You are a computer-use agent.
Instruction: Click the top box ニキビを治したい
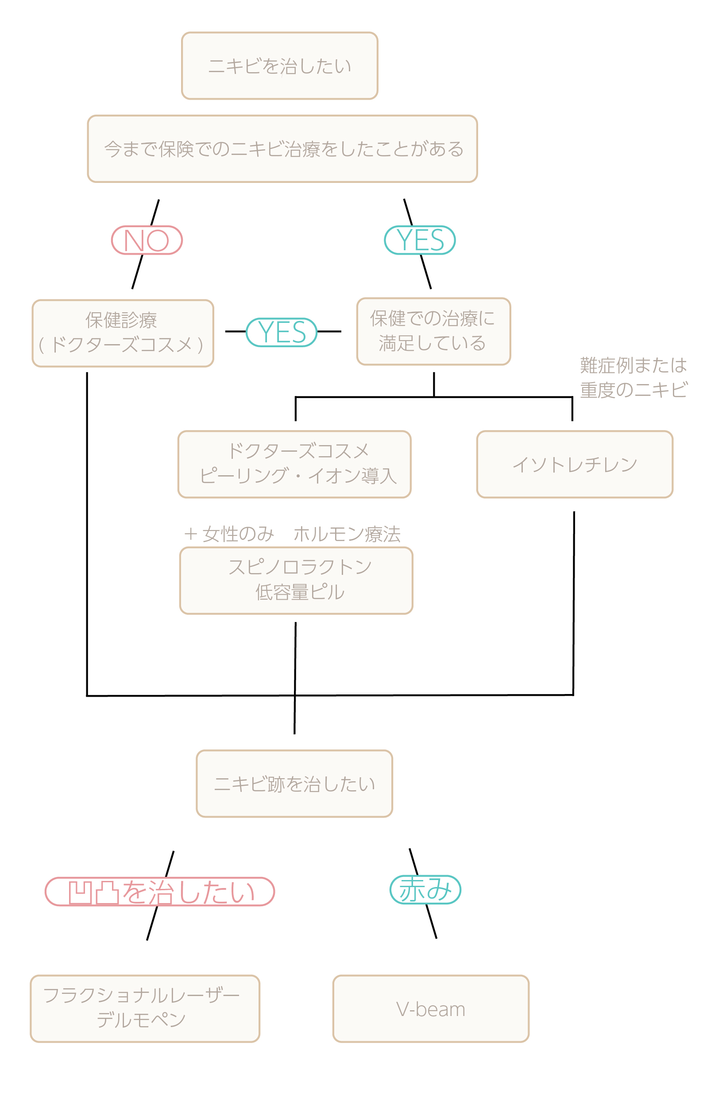pos(279,66)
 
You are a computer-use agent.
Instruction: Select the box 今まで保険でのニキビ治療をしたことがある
pos(282,149)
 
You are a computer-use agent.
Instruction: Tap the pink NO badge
pos(147,240)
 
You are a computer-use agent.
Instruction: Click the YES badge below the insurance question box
pos(420,240)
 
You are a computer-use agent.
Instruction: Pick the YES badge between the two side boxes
pos(282,332)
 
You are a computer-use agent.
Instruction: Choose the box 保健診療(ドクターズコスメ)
pos(123,333)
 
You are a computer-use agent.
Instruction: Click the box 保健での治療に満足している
pos(433,331)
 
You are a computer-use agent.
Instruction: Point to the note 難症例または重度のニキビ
pos(633,378)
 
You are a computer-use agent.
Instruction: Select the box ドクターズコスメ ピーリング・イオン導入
pos(294,464)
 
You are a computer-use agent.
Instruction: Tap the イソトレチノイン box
pos(574,464)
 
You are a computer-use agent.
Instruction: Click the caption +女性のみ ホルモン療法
pos(292,534)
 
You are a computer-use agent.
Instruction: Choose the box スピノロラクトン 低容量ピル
pos(296,581)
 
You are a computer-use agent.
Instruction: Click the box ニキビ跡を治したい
pos(294,784)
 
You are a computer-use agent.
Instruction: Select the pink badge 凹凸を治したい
pos(160,892)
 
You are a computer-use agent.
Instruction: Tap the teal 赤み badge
pos(425,890)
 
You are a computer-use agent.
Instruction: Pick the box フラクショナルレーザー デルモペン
pos(145,1009)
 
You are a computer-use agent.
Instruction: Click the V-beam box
pos(431,1009)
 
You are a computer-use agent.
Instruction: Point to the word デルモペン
pos(141,1020)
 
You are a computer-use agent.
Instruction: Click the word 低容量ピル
pos(300,592)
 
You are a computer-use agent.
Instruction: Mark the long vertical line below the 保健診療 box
pos(87,531)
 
